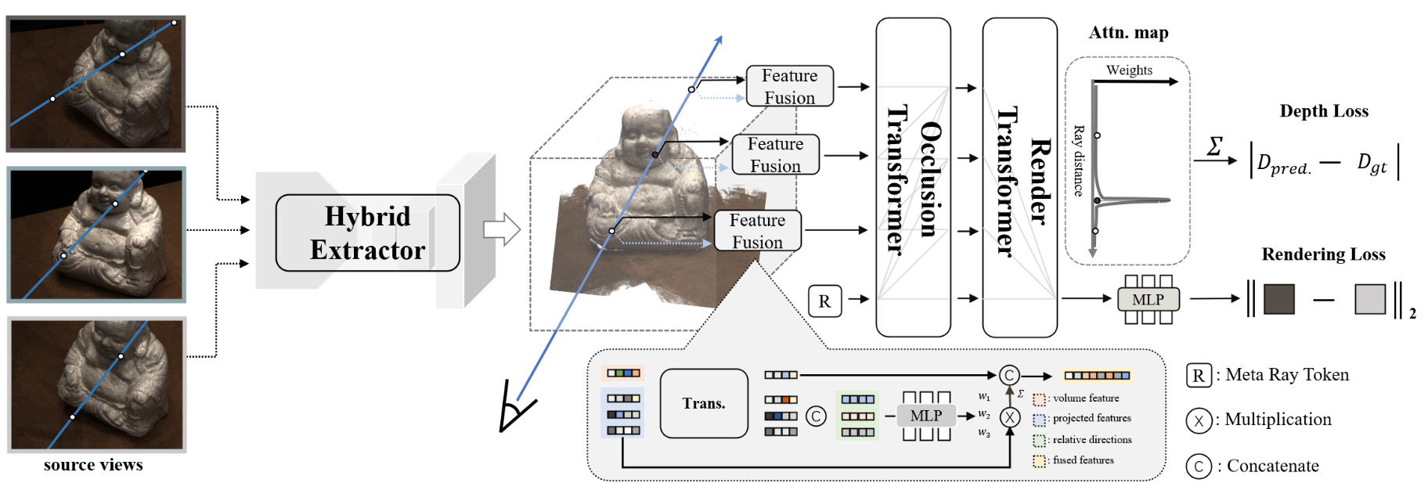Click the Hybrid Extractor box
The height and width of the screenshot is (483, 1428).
367,232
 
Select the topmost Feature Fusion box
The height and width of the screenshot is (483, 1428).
789,86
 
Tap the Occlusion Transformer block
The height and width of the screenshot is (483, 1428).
913,178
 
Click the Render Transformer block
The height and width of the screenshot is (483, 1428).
1019,178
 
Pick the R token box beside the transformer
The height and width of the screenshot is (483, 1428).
824,301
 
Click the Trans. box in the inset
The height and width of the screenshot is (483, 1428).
704,403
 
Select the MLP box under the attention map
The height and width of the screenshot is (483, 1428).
1148,300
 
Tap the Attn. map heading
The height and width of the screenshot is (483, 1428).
1128,33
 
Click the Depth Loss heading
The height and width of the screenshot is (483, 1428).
1324,111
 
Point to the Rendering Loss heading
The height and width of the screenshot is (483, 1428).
1323,254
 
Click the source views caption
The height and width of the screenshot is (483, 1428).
93,465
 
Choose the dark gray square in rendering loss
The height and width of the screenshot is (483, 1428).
1279,299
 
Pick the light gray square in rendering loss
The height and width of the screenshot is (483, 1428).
1370,299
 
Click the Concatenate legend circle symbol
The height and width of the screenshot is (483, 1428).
1199,467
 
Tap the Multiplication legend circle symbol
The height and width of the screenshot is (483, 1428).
1199,420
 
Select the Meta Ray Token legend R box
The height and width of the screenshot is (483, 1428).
1199,376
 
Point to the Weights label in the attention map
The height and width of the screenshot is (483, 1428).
1129,70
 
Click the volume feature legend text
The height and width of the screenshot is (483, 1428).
1086,398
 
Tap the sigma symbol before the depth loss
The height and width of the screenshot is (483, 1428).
1215,146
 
